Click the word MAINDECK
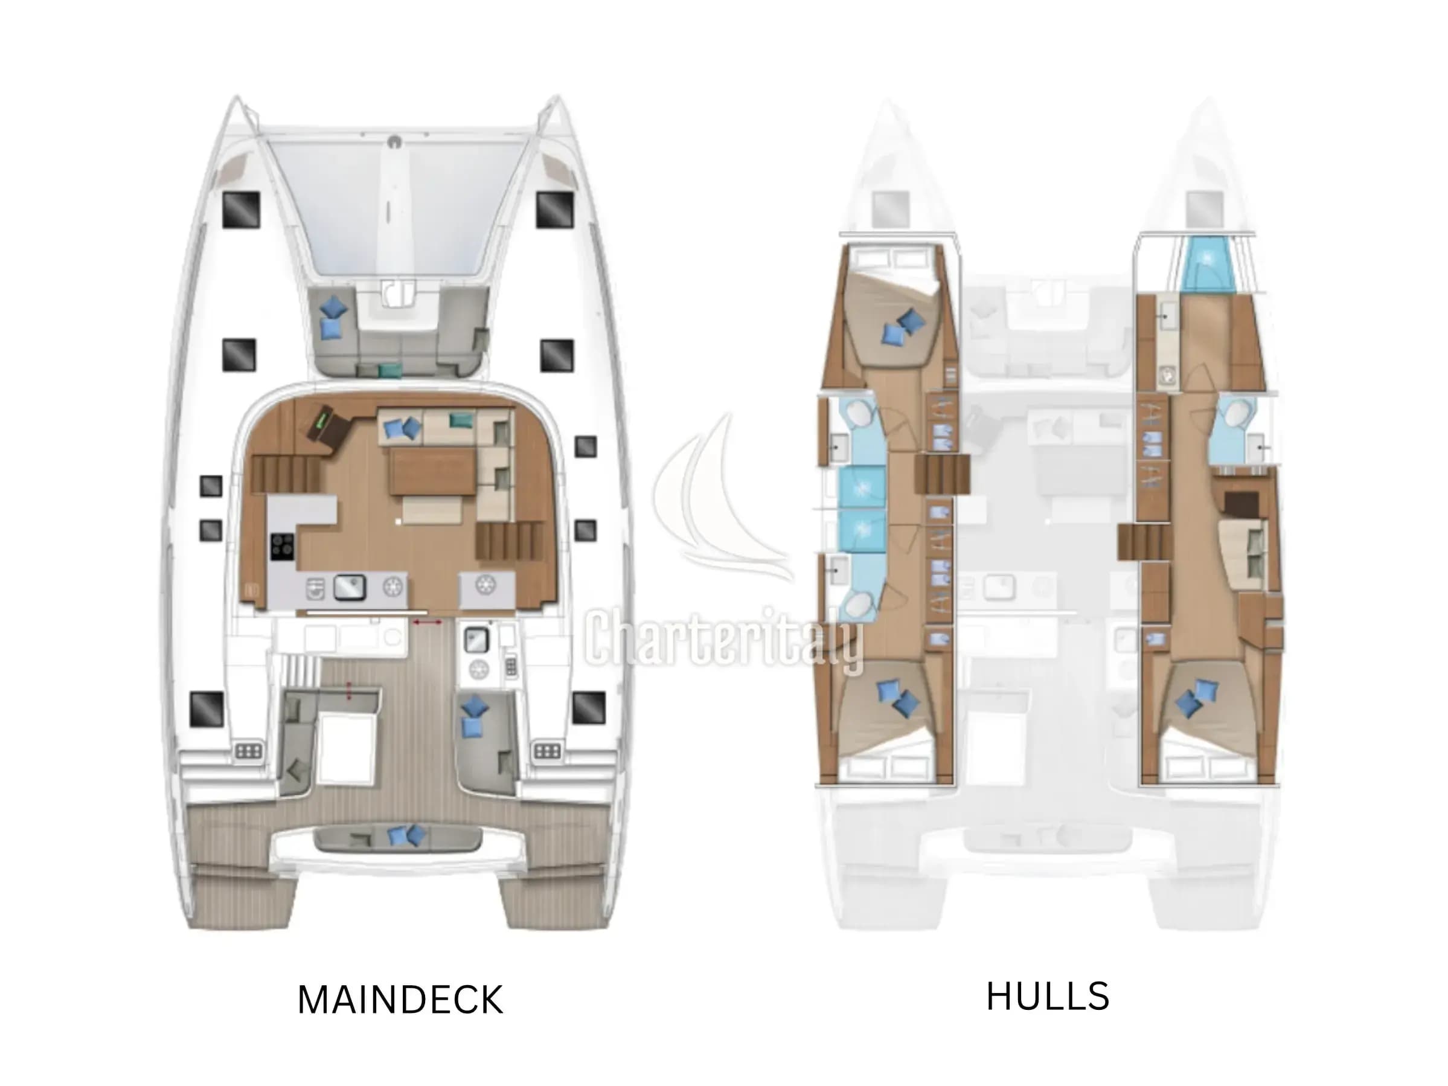(x=400, y=1000)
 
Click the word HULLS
(x=1048, y=997)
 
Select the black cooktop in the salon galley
(x=282, y=547)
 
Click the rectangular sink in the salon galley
(x=350, y=587)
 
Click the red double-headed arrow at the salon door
(x=427, y=623)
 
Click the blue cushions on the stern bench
(x=406, y=835)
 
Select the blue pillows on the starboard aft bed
(x=1197, y=698)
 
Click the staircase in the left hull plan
(x=942, y=475)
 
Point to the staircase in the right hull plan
(x=1144, y=542)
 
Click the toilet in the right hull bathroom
(x=1236, y=414)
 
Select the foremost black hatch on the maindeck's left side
(x=241, y=210)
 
